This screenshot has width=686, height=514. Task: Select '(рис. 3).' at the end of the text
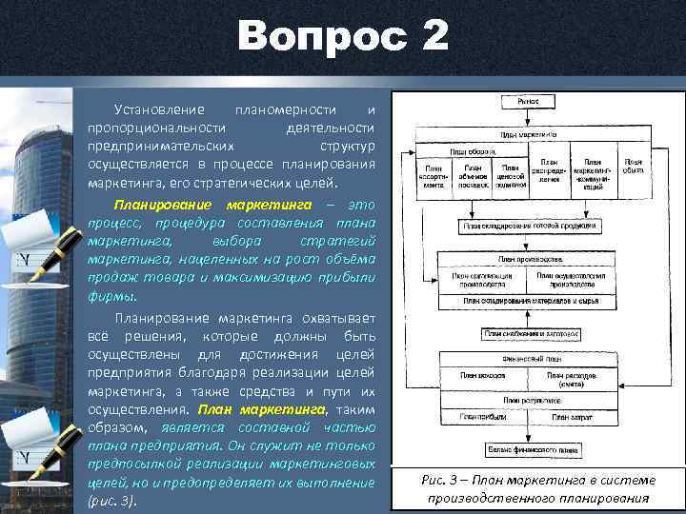[x=114, y=501]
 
